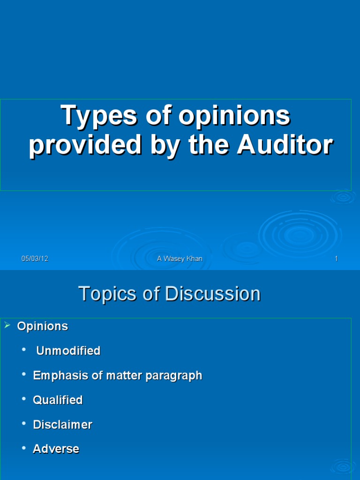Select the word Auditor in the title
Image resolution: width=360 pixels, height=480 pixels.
click(285, 145)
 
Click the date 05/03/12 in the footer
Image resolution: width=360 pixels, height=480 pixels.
click(35, 259)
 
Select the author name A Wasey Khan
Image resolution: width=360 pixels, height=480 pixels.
click(180, 259)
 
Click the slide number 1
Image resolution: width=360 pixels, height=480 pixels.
click(336, 259)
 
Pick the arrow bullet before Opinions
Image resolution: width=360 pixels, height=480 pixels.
click(7, 325)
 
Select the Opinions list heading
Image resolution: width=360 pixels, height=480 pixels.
click(43, 326)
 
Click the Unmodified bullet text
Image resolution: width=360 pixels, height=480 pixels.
click(68, 351)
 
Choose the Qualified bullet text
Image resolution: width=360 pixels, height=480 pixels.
click(58, 400)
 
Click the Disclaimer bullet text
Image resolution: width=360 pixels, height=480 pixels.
click(62, 425)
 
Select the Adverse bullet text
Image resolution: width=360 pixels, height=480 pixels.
click(56, 449)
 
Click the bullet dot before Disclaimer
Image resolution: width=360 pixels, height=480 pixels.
click(24, 424)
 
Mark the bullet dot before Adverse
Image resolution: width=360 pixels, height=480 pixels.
click(24, 449)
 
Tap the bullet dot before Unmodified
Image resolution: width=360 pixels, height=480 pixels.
click(24, 350)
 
